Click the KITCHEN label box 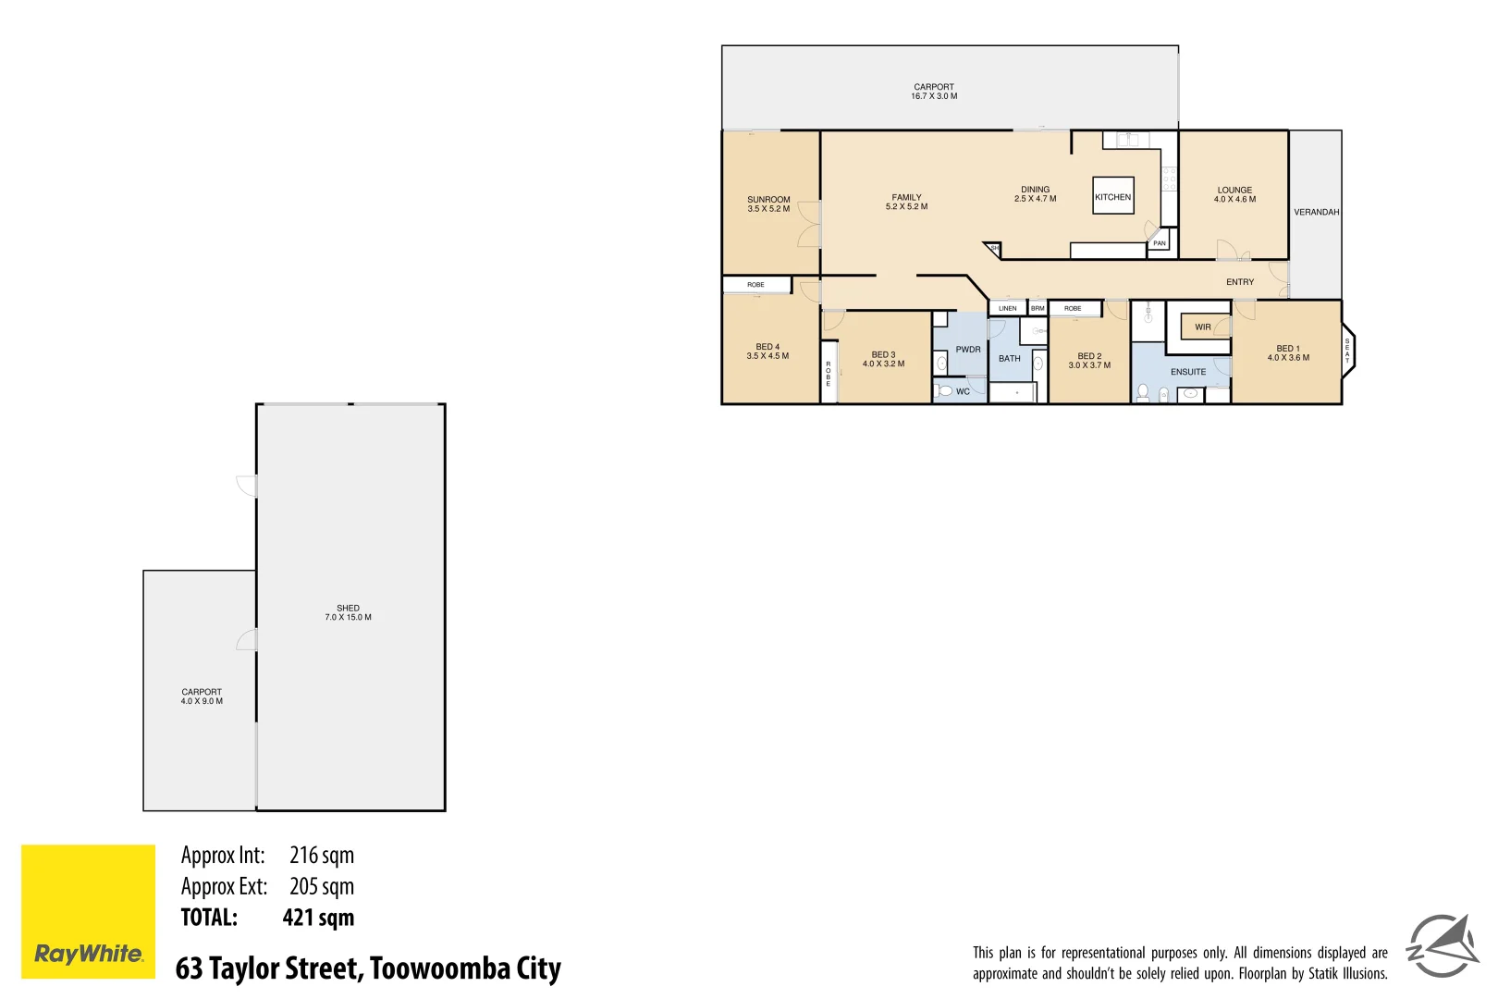tap(1112, 196)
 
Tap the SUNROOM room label tap(768, 200)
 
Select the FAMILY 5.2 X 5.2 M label tap(906, 202)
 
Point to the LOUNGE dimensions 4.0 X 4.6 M tap(1234, 200)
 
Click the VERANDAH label tap(1316, 213)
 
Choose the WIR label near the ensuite tap(1202, 327)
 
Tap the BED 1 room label tap(1287, 349)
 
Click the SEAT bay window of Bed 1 tap(1347, 351)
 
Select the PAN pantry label tap(1159, 243)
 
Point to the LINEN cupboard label tap(1007, 309)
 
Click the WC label tap(963, 392)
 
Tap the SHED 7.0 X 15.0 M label tap(348, 613)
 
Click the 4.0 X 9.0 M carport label tap(202, 701)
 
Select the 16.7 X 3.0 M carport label tap(934, 96)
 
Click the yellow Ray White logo tap(88, 911)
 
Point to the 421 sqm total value tap(318, 918)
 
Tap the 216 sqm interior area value tap(321, 856)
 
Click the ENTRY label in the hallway tap(1239, 282)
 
